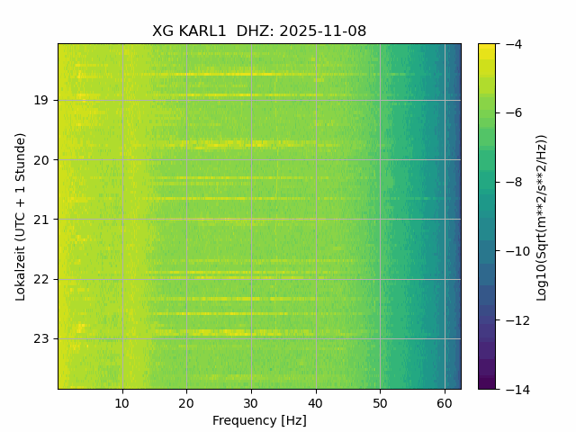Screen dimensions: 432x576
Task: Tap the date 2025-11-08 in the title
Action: point(322,31)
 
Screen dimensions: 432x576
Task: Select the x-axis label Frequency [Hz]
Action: point(259,420)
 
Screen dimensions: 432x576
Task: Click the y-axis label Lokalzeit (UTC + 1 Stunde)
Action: point(21,216)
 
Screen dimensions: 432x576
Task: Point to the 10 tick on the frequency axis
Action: point(122,402)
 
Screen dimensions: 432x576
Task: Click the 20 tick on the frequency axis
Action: point(186,402)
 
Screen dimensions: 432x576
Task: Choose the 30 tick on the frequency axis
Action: point(251,402)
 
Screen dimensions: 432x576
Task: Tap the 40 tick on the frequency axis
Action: point(315,402)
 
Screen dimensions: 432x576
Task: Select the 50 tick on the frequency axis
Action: point(380,402)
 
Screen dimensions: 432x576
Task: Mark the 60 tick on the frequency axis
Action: point(444,402)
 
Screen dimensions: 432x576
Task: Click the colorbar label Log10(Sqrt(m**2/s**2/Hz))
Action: point(542,216)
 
